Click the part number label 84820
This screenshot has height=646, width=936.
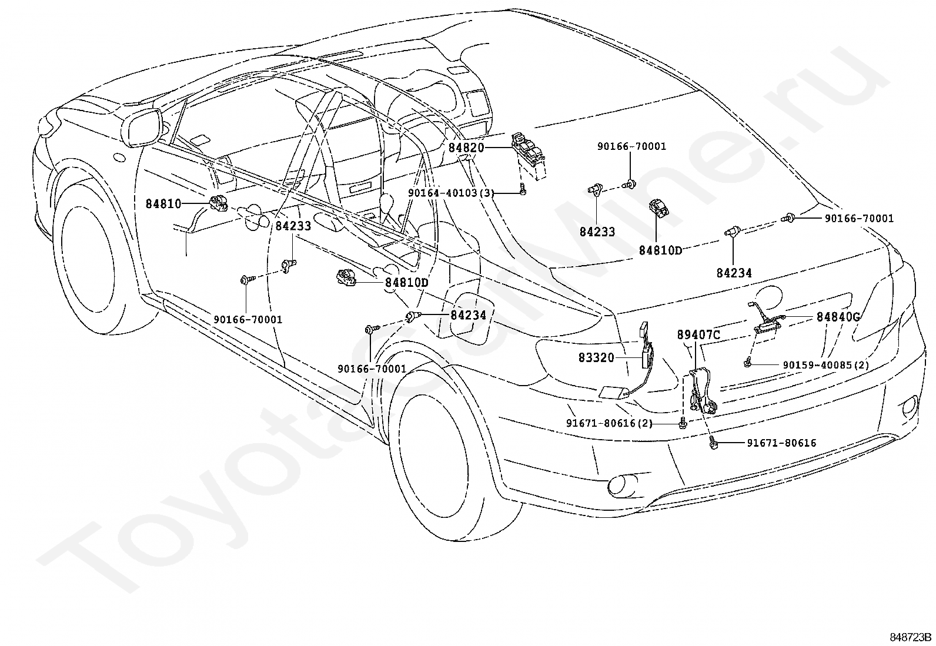[466, 148]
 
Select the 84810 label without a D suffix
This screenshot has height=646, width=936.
[163, 204]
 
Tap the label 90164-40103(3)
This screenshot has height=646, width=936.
[452, 193]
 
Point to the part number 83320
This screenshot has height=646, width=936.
[596, 358]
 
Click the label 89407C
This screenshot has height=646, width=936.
[698, 334]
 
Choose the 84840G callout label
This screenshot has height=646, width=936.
[838, 317]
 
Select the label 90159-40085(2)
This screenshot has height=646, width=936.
[826, 365]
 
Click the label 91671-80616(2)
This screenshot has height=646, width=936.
[609, 423]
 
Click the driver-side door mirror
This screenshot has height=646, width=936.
[143, 127]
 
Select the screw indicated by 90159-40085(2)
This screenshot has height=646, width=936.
[747, 363]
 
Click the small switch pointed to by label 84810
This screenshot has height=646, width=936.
[218, 203]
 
